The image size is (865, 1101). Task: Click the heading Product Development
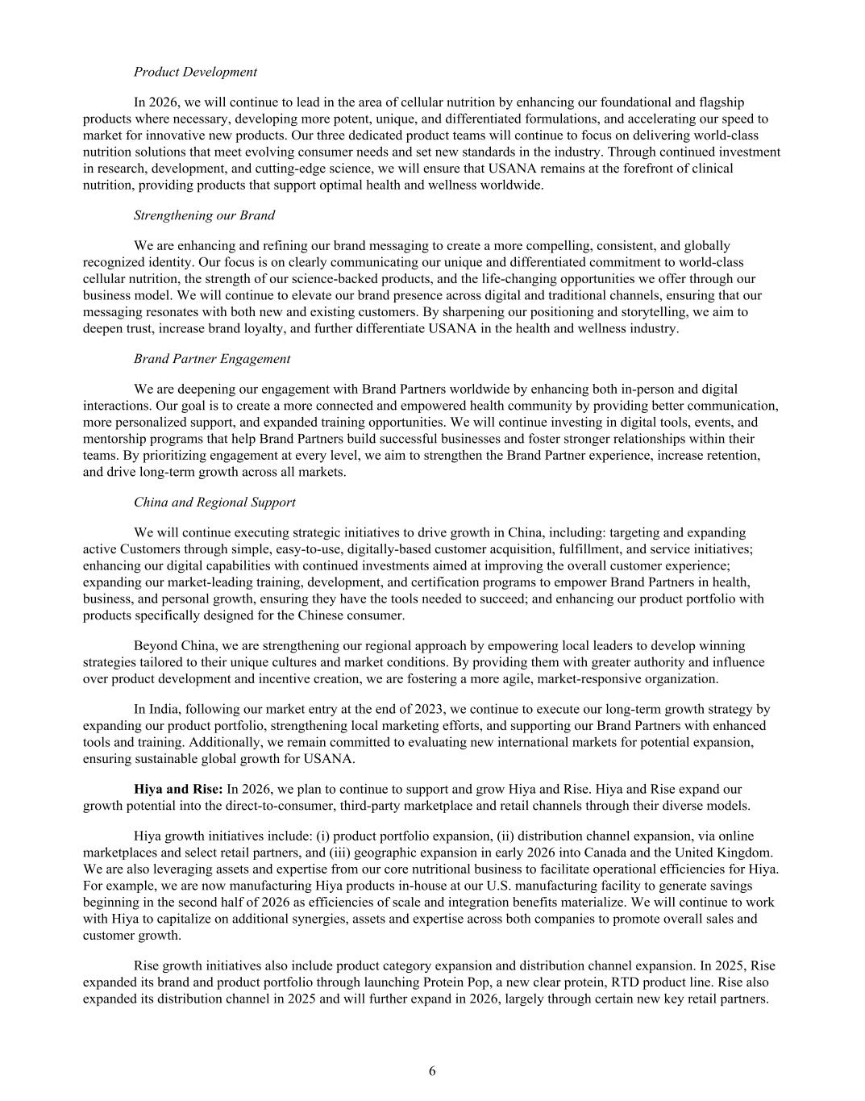[195, 72]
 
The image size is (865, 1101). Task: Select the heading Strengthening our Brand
[204, 215]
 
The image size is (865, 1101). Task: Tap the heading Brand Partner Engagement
[212, 359]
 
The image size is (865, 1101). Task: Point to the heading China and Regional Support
[214, 503]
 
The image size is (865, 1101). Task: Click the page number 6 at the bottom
[432, 1071]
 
